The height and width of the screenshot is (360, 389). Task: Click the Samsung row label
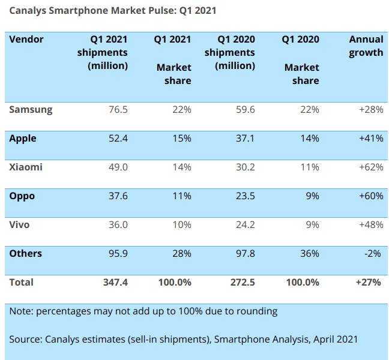31,110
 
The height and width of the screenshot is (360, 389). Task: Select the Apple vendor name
23,139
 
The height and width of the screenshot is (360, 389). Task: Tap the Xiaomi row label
26,167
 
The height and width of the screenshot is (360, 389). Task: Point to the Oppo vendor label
22,196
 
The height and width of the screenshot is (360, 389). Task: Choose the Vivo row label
20,225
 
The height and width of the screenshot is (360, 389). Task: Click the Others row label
26,254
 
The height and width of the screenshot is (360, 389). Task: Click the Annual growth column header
366,46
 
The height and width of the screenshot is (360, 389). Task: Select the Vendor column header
26,40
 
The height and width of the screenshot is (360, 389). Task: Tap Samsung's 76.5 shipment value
116,110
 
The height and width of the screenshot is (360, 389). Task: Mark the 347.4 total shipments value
114,282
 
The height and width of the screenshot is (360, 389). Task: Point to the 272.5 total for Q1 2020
242,282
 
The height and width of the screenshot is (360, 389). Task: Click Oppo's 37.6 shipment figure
116,196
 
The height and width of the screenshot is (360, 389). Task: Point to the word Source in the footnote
25,340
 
